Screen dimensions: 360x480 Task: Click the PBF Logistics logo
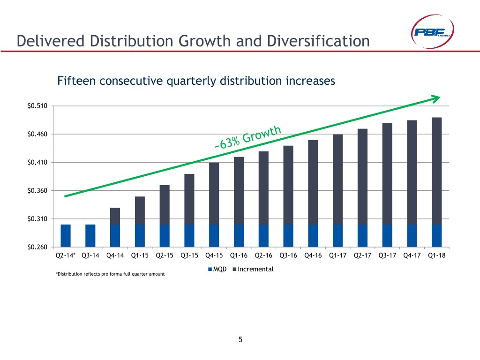point(430,32)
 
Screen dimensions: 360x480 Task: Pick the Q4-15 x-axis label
point(214,256)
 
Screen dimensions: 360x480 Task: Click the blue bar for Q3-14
point(90,235)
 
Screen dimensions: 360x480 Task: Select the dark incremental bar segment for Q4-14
point(115,216)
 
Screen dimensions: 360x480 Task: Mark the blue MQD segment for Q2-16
point(263,235)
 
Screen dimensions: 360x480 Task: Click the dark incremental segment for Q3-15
point(189,199)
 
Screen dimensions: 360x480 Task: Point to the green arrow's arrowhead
point(436,98)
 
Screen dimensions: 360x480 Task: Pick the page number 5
point(240,340)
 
